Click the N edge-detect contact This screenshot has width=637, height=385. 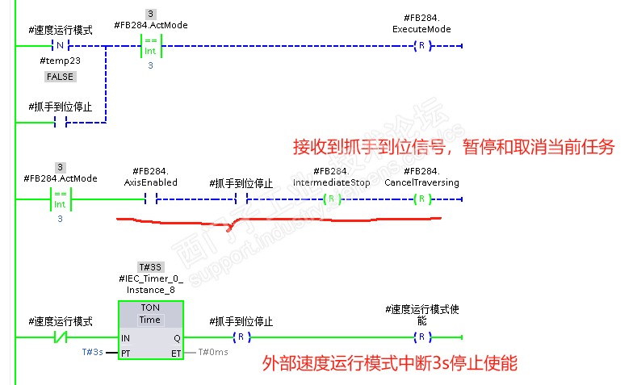tap(60, 45)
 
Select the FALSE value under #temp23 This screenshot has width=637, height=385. tap(60, 77)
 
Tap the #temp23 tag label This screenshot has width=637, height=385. tap(60, 61)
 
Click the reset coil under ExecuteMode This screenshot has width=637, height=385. tap(421, 45)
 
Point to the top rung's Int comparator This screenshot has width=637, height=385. tap(151, 46)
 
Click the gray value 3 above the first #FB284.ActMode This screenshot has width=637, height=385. tap(150, 14)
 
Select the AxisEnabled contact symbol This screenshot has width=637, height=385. tap(151, 199)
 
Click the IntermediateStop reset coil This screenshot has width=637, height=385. tap(332, 199)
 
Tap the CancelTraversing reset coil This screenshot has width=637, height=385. tap(421, 199)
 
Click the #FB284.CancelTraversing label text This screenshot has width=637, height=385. tap(421, 177)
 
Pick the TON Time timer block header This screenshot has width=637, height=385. tap(150, 314)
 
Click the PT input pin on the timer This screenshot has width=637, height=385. tap(125, 354)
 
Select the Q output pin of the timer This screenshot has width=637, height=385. tap(177, 338)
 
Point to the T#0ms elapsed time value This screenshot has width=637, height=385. tap(213, 352)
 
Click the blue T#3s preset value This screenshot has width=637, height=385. tap(92, 352)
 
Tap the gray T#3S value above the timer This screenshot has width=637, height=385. tap(150, 267)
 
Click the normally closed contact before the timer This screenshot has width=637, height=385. tap(61, 337)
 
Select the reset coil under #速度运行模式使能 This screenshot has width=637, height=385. tap(421, 337)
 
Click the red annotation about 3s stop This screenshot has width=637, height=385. tap(390, 363)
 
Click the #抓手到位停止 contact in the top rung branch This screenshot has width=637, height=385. tap(60, 122)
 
